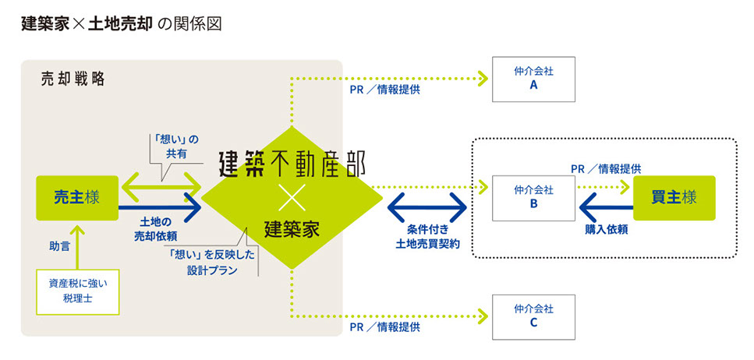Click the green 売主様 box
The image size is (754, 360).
[76, 198]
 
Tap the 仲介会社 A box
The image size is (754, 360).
[533, 79]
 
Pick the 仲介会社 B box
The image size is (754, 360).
[533, 198]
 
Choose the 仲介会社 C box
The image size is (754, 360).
[533, 316]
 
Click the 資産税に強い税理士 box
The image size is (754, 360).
[77, 291]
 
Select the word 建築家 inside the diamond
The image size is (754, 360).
[292, 229]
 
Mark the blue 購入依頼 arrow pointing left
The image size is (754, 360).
[606, 208]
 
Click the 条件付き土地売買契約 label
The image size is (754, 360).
[427, 238]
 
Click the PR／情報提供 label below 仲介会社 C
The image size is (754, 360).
[384, 327]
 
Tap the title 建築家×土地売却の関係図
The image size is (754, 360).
[122, 23]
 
